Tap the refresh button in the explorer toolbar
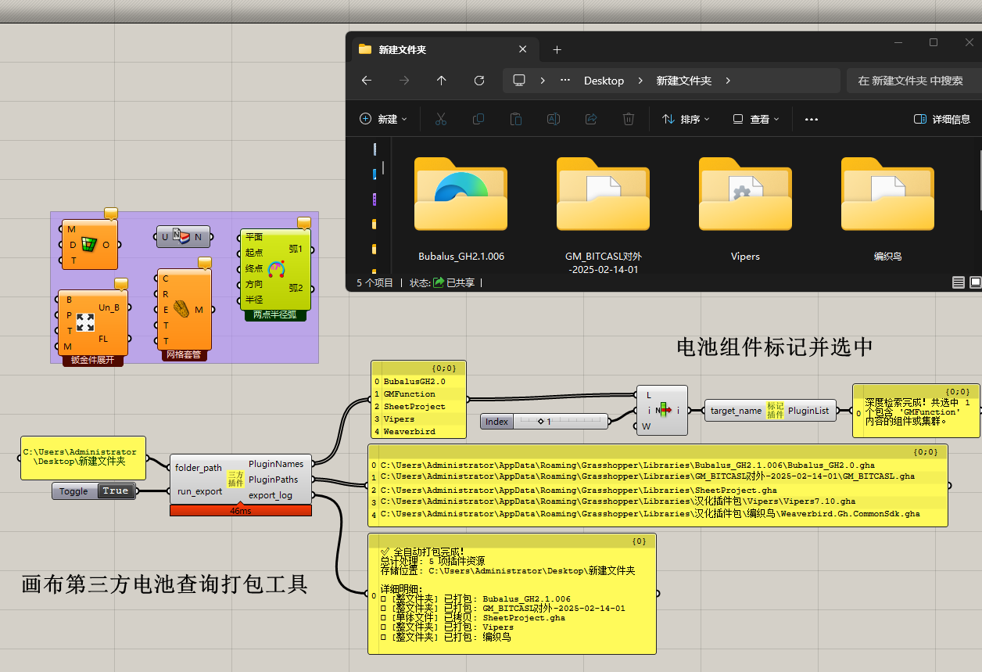[479, 81]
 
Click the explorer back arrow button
[367, 81]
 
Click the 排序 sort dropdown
[686, 120]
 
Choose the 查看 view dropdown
[756, 120]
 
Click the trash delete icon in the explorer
[629, 119]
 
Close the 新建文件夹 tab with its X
[522, 49]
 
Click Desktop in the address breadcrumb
[604, 81]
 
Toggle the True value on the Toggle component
[115, 491]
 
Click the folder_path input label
[198, 468]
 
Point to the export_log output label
[270, 495]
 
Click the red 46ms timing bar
[241, 511]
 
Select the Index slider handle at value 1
[541, 422]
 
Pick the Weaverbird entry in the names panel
[410, 432]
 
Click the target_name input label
[736, 411]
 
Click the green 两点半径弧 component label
[275, 315]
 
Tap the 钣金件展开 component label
[92, 360]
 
